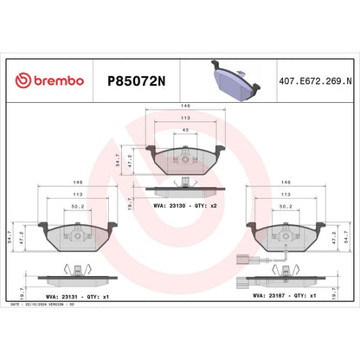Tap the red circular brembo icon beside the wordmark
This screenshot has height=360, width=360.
(x=23, y=80)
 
